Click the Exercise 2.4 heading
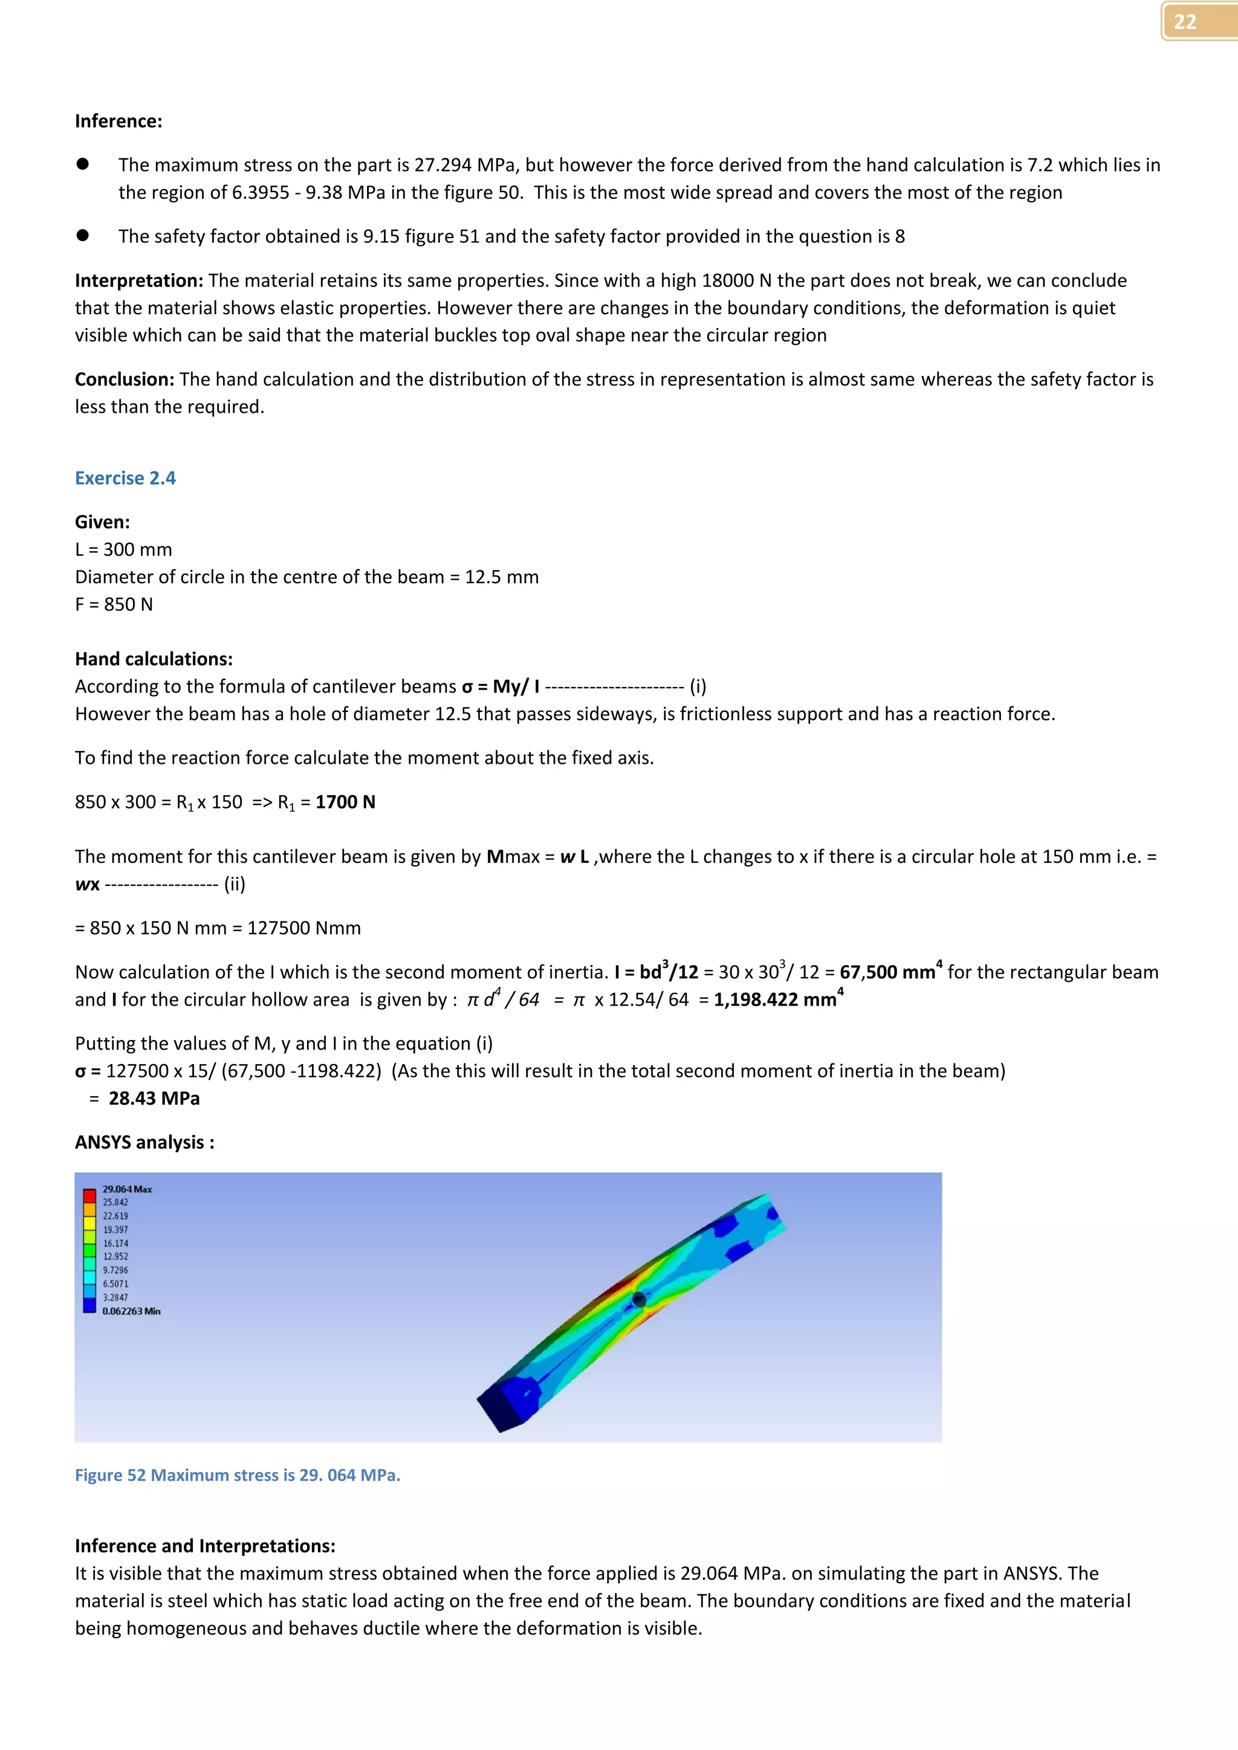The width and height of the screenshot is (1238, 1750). click(x=125, y=478)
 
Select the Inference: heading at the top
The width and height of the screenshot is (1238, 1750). click(x=118, y=121)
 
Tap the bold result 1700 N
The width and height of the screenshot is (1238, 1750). click(x=345, y=802)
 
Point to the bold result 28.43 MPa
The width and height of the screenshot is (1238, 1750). click(x=154, y=1099)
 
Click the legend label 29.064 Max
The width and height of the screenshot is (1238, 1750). click(x=128, y=1189)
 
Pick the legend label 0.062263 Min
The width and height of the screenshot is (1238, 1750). click(x=131, y=1311)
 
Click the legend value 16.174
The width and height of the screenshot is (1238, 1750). click(x=116, y=1243)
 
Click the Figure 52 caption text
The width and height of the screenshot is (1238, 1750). click(x=237, y=1475)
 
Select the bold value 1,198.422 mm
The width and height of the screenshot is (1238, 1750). click(x=776, y=1000)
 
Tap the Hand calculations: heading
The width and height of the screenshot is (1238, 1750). click(x=153, y=659)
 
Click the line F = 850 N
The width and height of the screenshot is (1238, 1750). click(x=114, y=604)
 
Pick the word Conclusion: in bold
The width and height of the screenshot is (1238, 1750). click(x=125, y=379)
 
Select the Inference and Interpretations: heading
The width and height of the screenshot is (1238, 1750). click(x=204, y=1546)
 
